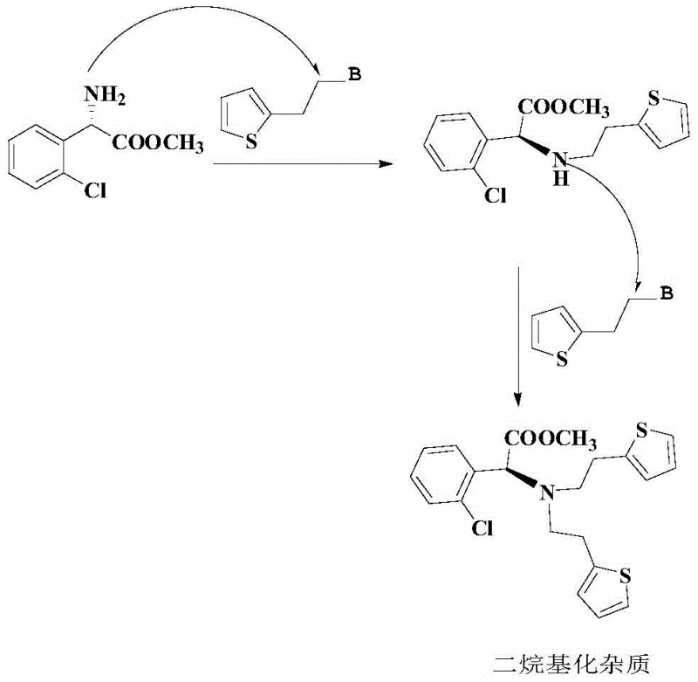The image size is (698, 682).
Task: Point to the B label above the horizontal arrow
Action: [x=354, y=77]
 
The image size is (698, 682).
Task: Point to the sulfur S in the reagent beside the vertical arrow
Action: [x=564, y=359]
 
